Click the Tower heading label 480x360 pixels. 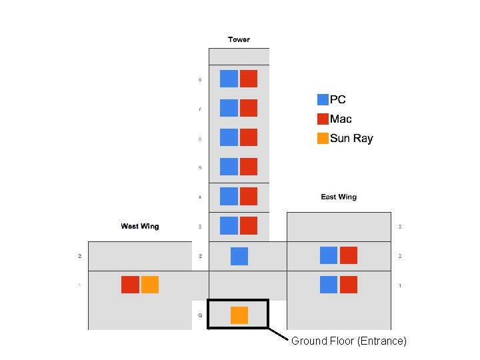pos(239,39)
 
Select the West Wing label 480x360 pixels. pos(140,226)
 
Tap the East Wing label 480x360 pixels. pos(339,197)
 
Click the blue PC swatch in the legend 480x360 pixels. pos(323,99)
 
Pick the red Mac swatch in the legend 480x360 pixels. pos(323,119)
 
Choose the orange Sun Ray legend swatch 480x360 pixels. pos(323,139)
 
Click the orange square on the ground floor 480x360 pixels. pos(239,315)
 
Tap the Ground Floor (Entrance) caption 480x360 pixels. pos(349,341)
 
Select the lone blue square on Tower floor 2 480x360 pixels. pos(239,256)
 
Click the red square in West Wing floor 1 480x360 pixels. pos(130,285)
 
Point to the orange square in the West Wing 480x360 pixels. pos(150,285)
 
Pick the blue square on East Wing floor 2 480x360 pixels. pos(329,255)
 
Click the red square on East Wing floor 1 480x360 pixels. pos(349,285)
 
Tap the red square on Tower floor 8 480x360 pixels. pos(249,79)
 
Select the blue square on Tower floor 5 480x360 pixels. pos(229,167)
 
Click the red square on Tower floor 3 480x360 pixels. pos(249,226)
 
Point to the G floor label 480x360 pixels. pos(200,315)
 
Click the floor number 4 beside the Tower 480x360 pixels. pos(200,197)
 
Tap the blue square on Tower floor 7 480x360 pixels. pos(229,108)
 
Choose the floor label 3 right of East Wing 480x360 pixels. pos(400,227)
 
